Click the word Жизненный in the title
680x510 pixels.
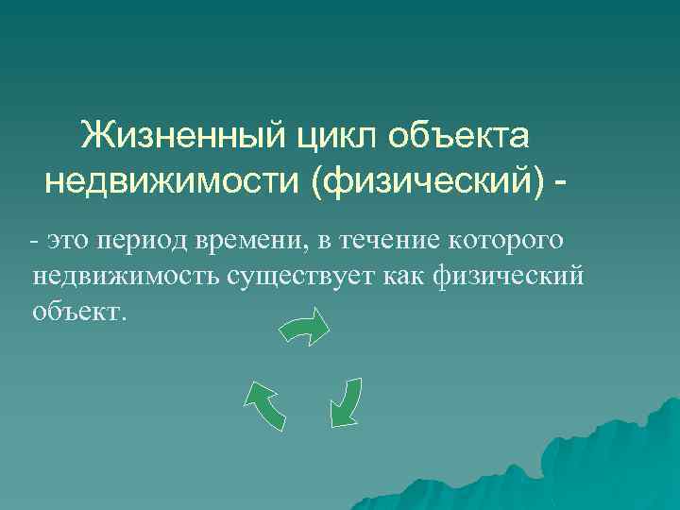click(x=180, y=135)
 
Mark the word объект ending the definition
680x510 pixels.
click(x=77, y=311)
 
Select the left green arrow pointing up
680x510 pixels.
click(x=265, y=404)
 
